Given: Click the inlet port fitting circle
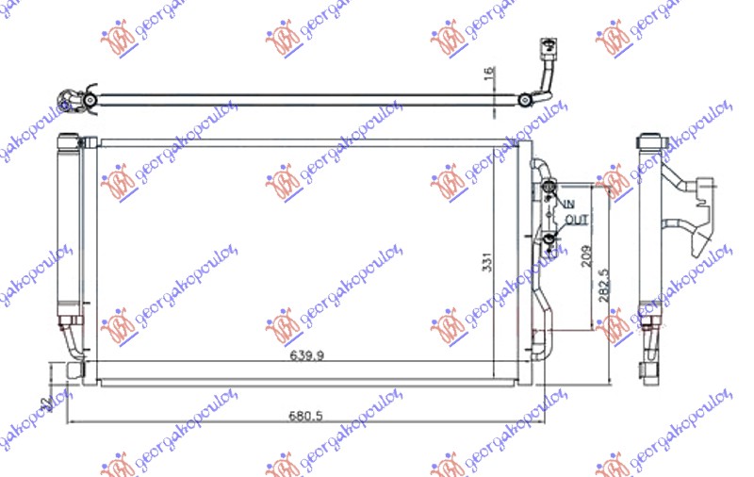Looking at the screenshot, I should pyautogui.click(x=549, y=195).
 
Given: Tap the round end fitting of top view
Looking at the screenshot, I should pyautogui.click(x=68, y=100).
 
